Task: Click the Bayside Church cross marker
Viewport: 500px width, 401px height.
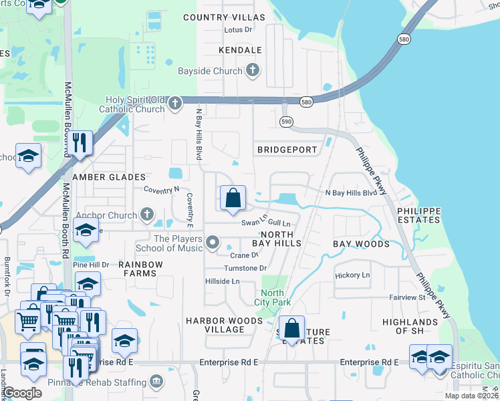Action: [253, 70]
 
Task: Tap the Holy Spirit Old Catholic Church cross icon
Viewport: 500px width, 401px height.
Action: [175, 104]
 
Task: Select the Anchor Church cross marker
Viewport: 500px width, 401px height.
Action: [148, 215]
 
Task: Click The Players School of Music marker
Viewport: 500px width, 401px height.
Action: [213, 243]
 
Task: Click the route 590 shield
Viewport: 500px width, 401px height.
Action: [285, 122]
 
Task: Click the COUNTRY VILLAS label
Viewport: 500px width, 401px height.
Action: [224, 17]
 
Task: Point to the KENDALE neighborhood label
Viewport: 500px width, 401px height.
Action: [239, 50]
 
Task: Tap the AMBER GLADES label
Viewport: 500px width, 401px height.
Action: [109, 177]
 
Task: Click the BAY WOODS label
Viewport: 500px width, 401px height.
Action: [361, 244]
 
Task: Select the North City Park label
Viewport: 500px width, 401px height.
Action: [272, 297]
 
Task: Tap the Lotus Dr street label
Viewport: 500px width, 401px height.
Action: [239, 30]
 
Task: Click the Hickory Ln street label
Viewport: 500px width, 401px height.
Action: [352, 275]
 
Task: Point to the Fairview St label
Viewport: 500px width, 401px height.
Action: [408, 297]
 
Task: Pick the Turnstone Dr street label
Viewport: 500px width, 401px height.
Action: [245, 268]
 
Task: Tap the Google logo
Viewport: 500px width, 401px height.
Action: [22, 393]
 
